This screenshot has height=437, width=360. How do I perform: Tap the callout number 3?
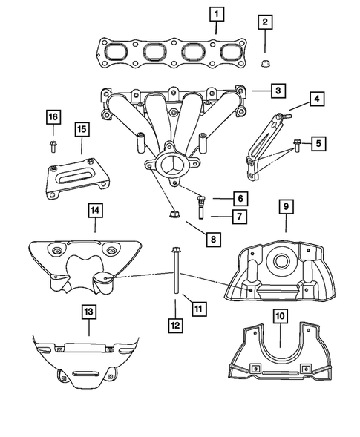pos(276,91)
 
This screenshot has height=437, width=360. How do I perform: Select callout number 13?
pos(88,314)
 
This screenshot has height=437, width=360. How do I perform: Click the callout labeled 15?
pos(81,130)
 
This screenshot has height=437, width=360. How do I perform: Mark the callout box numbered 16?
pos(52,117)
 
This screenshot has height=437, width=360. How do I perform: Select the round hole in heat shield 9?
pos(283,261)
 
